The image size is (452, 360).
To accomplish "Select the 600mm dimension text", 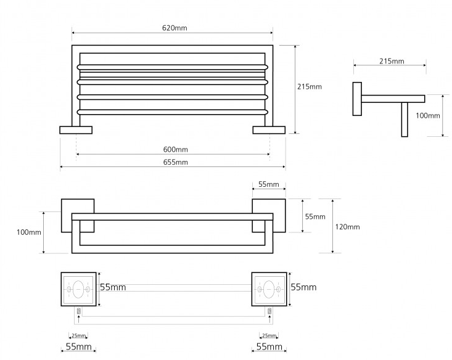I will tap(176, 150).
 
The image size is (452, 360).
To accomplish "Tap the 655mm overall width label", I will tap(176, 162).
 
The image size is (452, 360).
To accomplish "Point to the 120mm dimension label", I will tap(348, 227).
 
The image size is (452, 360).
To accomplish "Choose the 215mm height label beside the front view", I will tap(310, 87).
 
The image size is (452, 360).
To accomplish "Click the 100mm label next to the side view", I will tap(427, 115).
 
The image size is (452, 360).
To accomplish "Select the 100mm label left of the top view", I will tap(29, 232).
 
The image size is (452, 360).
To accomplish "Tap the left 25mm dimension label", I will tap(79, 336).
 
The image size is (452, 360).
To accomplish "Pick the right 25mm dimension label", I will tap(269, 336).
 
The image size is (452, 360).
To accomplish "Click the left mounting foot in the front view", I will tap(75, 129).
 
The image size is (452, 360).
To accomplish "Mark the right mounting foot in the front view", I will tap(269, 129).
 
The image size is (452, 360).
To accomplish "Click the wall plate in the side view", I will tap(356, 98).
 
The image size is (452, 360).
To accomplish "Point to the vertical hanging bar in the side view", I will tap(405, 119).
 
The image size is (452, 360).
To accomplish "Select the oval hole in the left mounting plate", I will tap(78, 288).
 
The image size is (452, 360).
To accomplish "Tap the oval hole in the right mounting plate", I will tap(269, 288).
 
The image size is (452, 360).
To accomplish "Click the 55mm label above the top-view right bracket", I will tap(269, 184).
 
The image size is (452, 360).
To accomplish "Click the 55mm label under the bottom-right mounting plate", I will tap(269, 348).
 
